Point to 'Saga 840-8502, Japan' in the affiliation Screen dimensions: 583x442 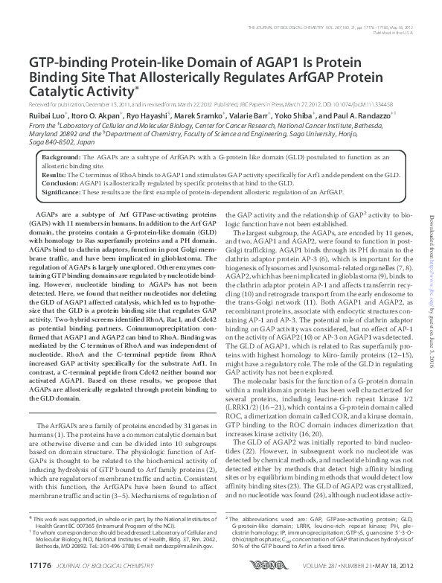(64, 141)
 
